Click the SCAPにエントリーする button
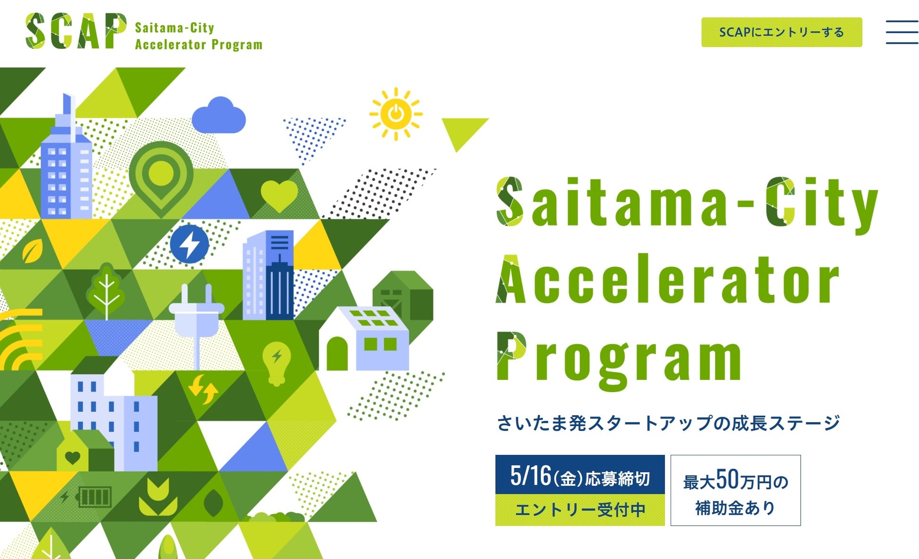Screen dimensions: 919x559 781,32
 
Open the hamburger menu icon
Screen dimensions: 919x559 902,32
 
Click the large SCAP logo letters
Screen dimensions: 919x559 76,31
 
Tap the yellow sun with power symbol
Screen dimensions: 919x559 396,114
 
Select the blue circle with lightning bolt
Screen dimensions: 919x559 189,244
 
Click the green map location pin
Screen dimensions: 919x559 161,179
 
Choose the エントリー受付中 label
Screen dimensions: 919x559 580,510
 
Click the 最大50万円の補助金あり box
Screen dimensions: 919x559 736,490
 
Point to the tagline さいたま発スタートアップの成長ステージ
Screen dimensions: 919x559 668,423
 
